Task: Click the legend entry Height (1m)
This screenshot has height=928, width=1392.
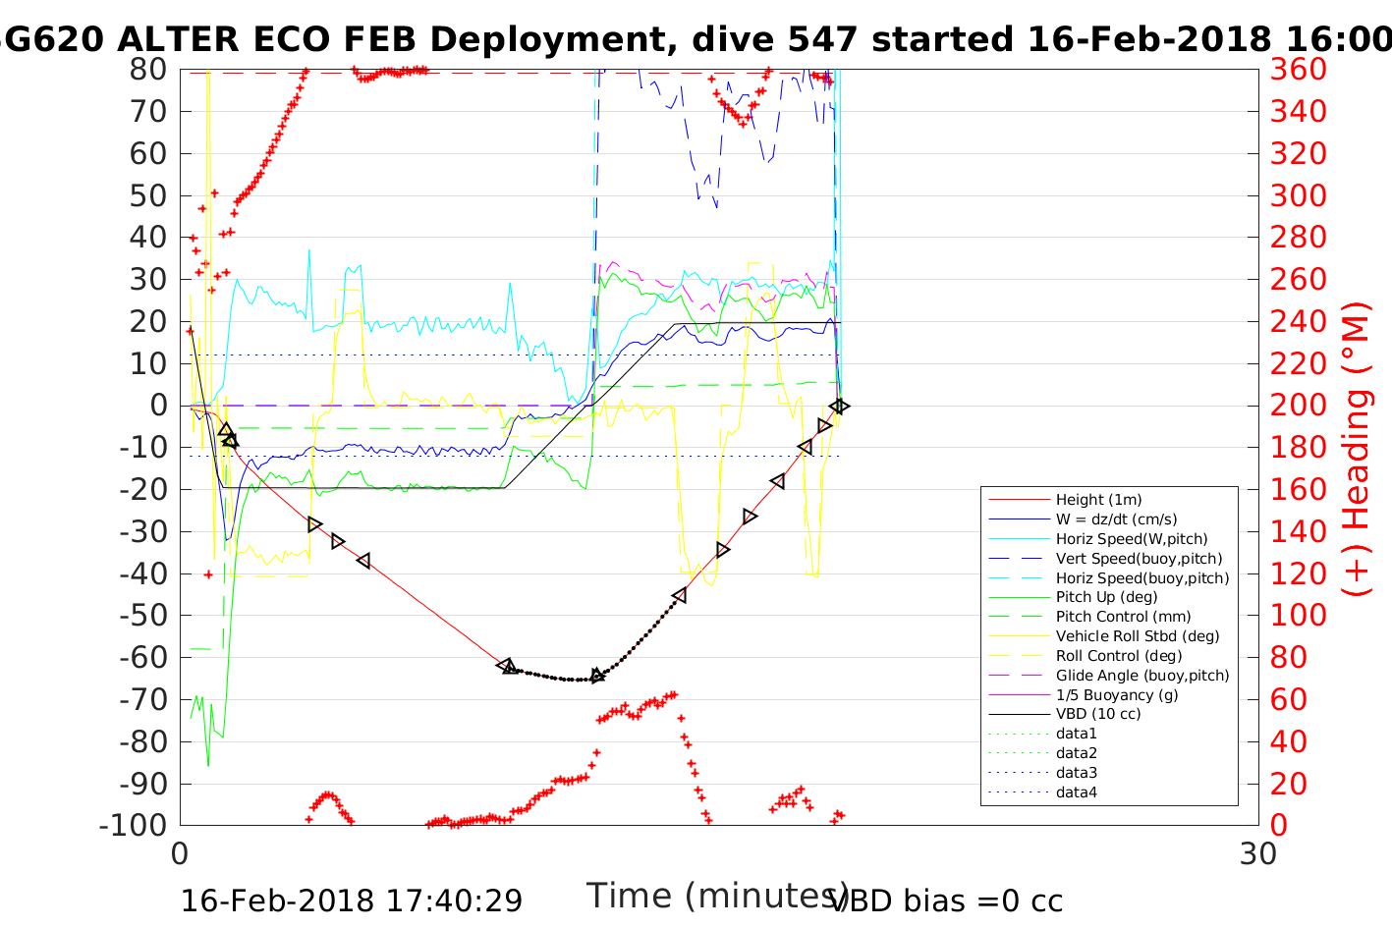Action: pos(1098,500)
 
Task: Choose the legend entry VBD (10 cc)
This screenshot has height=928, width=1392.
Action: pos(1098,714)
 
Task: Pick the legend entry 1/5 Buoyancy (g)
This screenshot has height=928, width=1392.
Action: pos(1117,694)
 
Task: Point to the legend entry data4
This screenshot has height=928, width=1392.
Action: pos(1077,792)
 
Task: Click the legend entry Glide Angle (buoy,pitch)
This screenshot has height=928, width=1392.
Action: pos(1142,676)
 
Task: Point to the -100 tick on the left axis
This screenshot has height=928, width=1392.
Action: pos(134,825)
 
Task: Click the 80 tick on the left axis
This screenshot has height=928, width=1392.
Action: pos(148,70)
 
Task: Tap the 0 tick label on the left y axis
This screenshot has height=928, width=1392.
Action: pos(158,406)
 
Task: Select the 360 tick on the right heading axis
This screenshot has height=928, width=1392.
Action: pos(1299,70)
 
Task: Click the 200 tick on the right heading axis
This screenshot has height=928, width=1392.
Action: pos(1299,406)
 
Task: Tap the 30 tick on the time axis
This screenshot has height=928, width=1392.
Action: pos(1258,854)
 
